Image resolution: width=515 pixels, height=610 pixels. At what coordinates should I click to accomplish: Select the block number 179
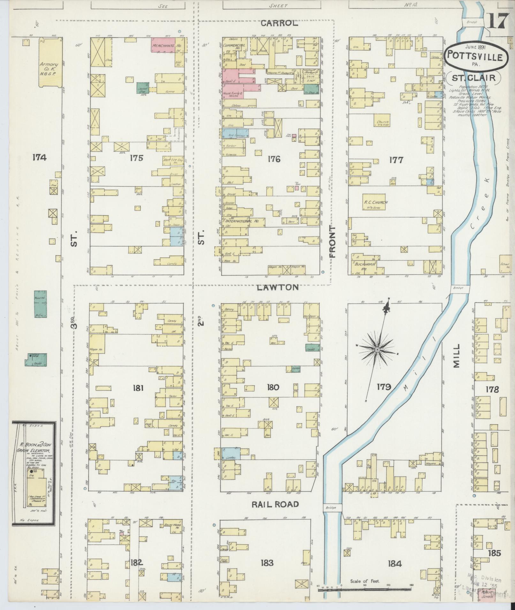[x=383, y=387]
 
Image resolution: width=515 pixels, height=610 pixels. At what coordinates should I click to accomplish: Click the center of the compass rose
[x=377, y=350]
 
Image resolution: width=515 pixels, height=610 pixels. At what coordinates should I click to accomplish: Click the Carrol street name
[x=279, y=23]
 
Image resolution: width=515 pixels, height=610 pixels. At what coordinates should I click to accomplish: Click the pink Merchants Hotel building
[x=164, y=46]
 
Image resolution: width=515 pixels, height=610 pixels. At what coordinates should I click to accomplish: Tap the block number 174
[x=39, y=157]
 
